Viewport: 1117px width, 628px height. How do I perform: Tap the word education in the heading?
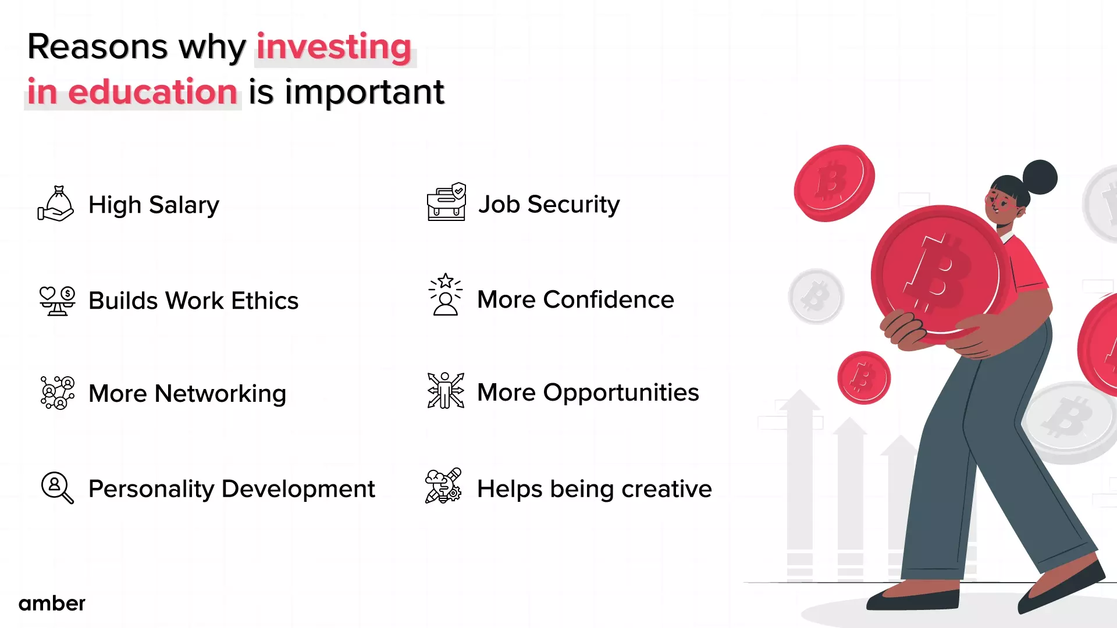point(152,92)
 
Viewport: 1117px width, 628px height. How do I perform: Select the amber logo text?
point(52,603)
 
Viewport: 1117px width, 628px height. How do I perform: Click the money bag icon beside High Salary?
point(56,204)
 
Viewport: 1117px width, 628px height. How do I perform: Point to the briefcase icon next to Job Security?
point(446,202)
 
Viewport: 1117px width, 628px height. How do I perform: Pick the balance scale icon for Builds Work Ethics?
point(56,301)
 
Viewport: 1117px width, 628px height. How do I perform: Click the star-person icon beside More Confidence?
point(446,295)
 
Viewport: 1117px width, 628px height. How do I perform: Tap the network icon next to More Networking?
point(57,393)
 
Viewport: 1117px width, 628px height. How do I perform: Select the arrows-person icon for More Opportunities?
point(446,391)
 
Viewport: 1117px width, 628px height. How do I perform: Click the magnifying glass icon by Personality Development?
point(57,487)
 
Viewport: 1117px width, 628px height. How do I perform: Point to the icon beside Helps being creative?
point(443,486)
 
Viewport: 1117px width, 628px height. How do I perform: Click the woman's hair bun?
point(1040,177)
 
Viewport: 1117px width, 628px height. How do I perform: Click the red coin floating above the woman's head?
point(834,183)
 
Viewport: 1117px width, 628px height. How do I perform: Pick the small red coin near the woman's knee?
point(863,378)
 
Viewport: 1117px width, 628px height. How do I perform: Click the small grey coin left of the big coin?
point(816,297)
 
